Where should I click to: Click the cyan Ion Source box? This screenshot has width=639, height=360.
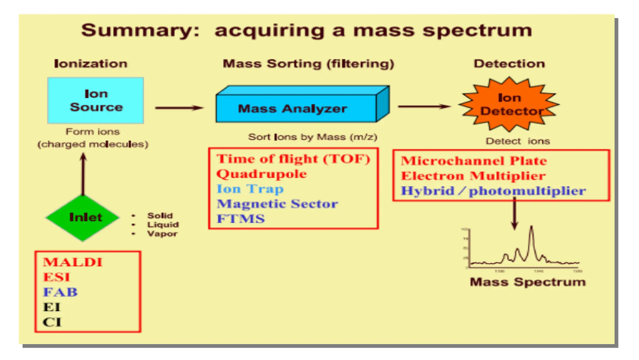(95, 100)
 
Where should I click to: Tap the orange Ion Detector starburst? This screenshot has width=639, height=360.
(509, 104)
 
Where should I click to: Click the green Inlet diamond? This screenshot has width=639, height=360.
(83, 217)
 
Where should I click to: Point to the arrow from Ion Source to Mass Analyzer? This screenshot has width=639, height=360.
(179, 108)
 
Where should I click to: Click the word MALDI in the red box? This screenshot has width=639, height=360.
(73, 262)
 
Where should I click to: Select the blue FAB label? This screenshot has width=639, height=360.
(60, 292)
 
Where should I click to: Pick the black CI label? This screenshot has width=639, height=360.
(52, 322)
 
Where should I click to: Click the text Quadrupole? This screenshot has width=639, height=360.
(261, 174)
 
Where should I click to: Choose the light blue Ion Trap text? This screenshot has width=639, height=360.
(250, 189)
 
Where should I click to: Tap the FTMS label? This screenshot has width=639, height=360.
(241, 219)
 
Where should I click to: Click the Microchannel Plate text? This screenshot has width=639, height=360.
(474, 161)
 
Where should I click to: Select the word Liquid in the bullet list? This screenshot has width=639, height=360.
(163, 224)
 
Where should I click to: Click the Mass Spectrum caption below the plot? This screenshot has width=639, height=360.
(528, 282)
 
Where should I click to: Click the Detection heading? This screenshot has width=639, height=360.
(509, 64)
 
